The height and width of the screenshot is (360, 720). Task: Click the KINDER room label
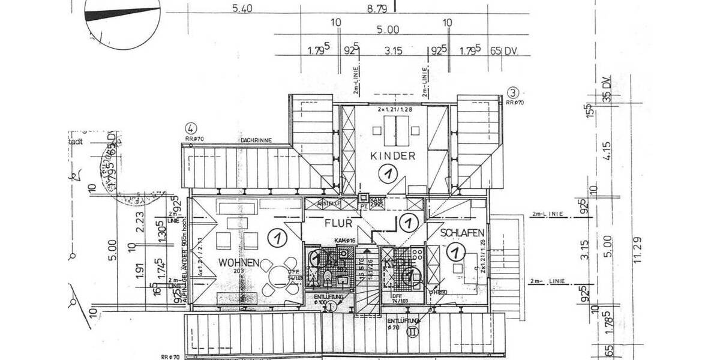pos(393,156)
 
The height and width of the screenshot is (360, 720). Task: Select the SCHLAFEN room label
pos(462,233)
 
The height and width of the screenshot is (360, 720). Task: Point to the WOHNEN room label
pos(239,263)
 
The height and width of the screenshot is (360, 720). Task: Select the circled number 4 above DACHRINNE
pos(191,128)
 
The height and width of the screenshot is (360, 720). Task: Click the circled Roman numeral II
pos(412,330)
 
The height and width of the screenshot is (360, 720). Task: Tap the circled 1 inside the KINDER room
pos(389,174)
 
